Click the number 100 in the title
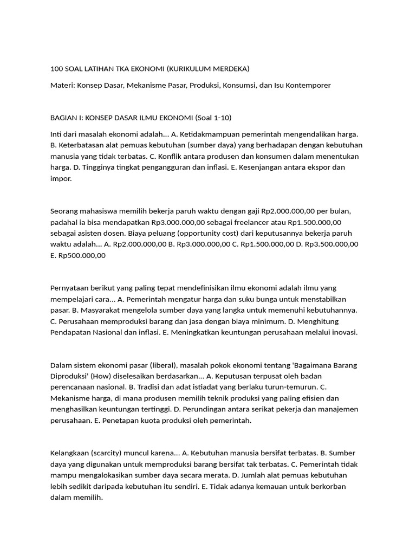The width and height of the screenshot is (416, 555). pos(56,69)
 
